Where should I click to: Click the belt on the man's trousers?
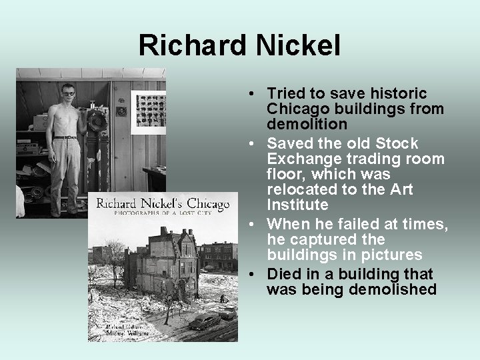click(x=66, y=137)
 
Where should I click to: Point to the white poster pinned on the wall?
click(x=149, y=109)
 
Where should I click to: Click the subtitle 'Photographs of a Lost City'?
click(x=163, y=215)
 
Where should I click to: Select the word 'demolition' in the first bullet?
click(x=307, y=125)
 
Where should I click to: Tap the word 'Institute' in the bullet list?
click(x=297, y=205)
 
